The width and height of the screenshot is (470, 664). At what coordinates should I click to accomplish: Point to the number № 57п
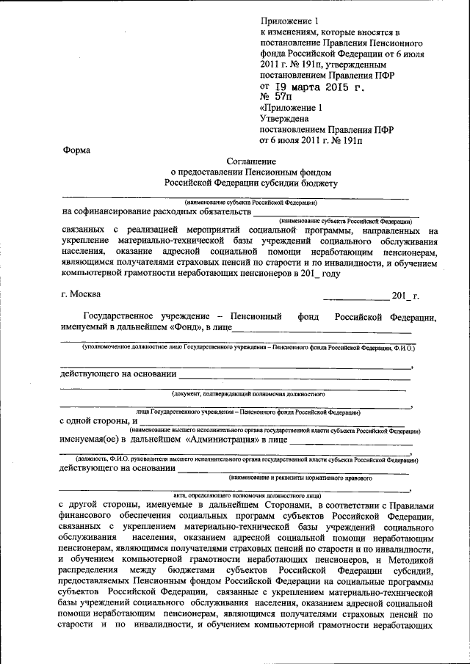coord(275,96)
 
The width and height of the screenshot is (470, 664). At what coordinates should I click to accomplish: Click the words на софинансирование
coord(110,212)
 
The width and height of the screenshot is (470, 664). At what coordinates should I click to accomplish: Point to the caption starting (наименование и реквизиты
coord(300,478)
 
